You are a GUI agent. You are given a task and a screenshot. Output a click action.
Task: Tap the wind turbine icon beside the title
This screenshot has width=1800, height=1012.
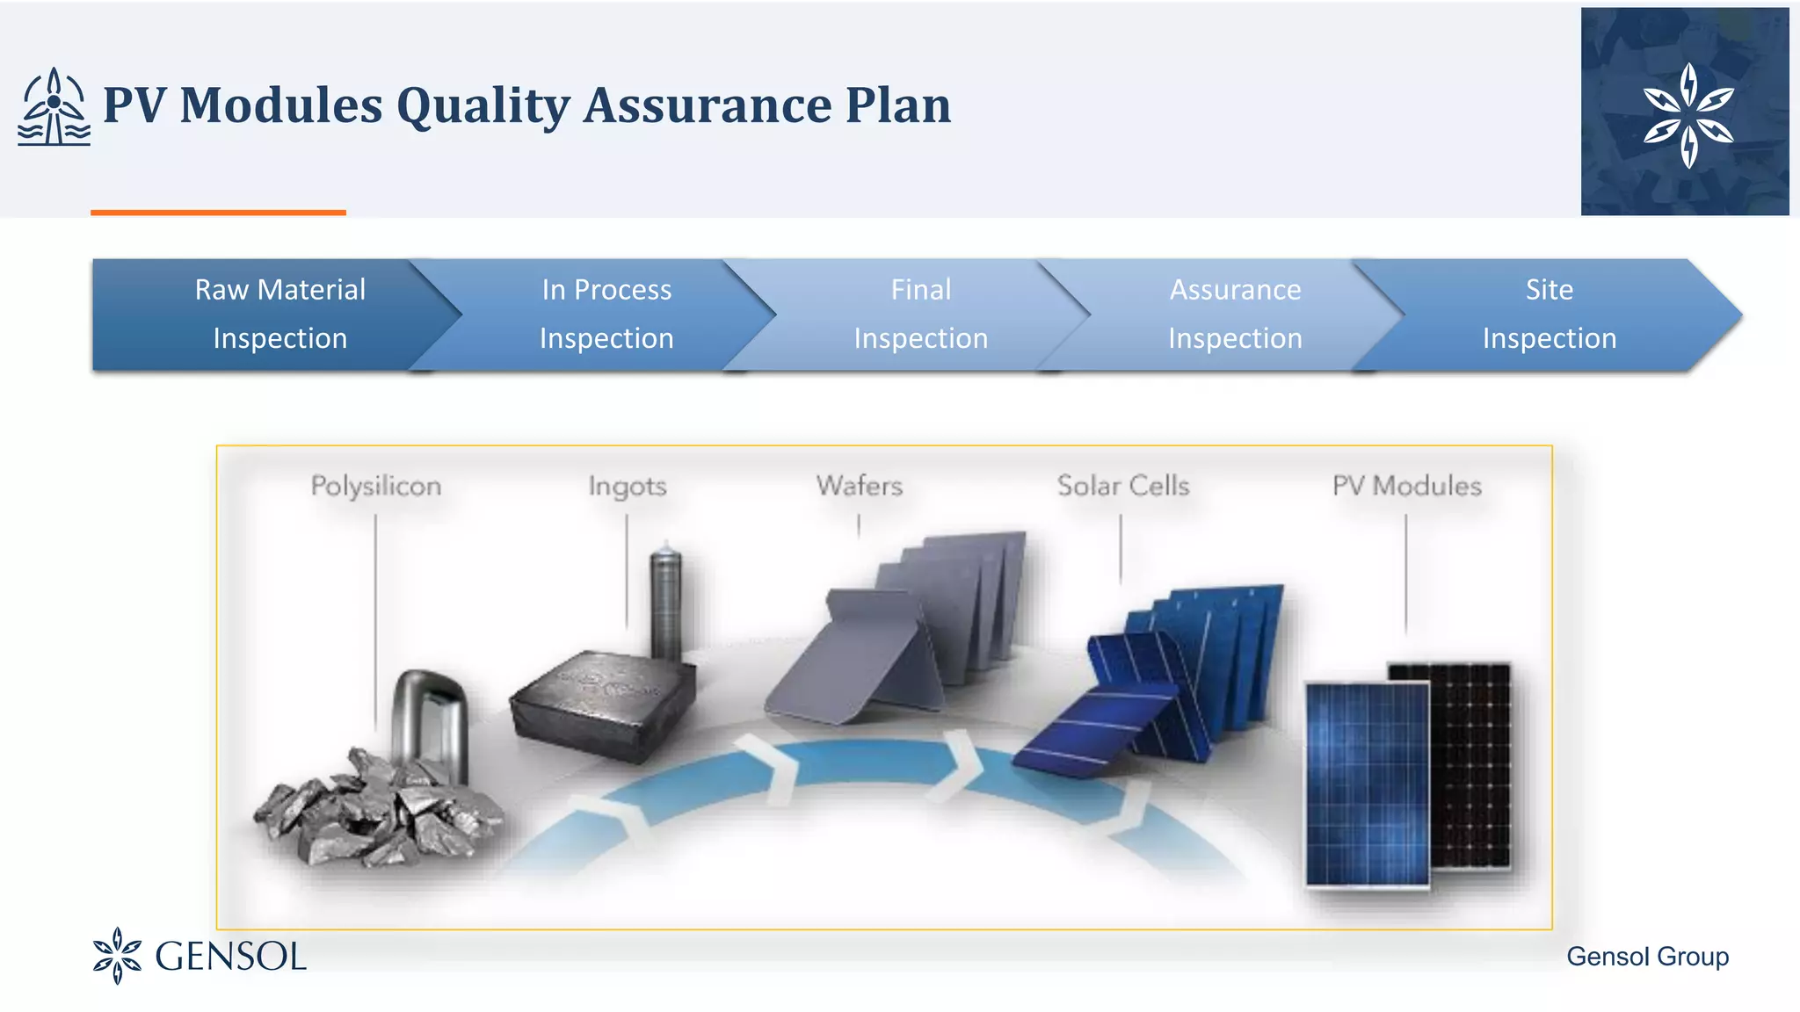click(x=54, y=107)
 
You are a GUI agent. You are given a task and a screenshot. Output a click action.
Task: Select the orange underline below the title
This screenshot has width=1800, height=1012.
click(x=218, y=213)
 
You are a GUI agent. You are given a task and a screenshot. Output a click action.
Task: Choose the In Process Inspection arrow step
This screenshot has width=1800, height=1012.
click(x=606, y=314)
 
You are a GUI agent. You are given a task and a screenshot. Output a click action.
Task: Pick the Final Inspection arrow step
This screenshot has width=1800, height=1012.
click(x=920, y=314)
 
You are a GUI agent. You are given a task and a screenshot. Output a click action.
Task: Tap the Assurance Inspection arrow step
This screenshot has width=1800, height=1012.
click(x=1235, y=314)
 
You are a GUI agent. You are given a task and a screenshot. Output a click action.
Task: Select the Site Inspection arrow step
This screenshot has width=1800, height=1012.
click(x=1549, y=314)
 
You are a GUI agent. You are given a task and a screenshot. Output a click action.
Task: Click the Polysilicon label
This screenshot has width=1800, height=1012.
click(x=376, y=486)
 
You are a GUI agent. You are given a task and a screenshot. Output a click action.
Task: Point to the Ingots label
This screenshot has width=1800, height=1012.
click(x=628, y=486)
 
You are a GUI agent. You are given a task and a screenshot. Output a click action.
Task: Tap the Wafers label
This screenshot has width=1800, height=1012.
click(x=859, y=486)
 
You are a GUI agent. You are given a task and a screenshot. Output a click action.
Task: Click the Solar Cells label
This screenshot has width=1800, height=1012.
click(x=1122, y=486)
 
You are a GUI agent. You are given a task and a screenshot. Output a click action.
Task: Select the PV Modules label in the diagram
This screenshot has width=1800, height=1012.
click(x=1406, y=486)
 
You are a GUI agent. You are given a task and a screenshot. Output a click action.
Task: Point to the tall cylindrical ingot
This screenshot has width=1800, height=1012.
click(x=665, y=602)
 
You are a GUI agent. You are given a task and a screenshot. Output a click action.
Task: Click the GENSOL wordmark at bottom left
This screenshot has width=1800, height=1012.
click(x=230, y=957)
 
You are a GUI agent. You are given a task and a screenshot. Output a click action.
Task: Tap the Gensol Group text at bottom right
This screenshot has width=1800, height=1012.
click(x=1647, y=957)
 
